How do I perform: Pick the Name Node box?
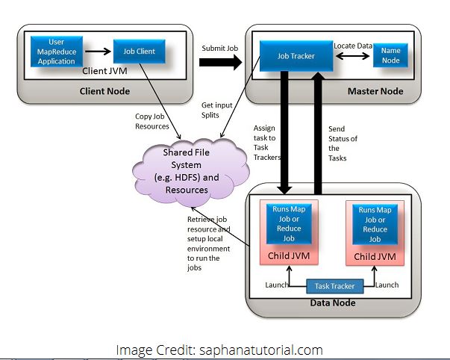click(391, 54)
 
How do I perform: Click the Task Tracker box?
click(334, 285)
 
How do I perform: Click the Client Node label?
click(104, 91)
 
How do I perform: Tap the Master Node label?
click(375, 91)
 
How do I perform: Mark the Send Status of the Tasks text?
click(343, 143)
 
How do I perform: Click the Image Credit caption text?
click(219, 349)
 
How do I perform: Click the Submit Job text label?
click(219, 47)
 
